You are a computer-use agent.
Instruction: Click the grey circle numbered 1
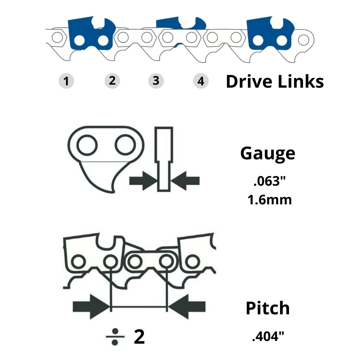coord(66,81)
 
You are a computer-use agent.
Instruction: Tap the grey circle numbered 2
coord(112,81)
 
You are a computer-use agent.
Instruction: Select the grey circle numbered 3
coord(156,81)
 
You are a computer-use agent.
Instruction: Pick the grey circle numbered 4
coord(201,81)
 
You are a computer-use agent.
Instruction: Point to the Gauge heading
coord(268,153)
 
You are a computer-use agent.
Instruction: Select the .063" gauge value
coord(270,182)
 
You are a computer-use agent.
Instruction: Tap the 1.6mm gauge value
coord(269,200)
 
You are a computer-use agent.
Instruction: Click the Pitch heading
coord(268,308)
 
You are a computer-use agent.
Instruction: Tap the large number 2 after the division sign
coord(139,337)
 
